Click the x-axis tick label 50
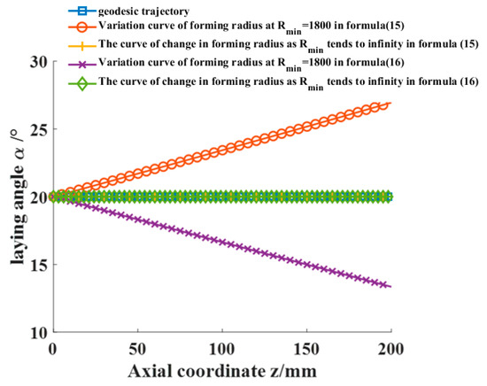point(137,348)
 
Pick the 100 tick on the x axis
point(221,348)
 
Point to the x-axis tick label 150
point(306,348)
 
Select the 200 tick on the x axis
point(390,348)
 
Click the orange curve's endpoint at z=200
point(390,104)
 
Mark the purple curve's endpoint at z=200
point(390,286)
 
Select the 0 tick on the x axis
point(53,348)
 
